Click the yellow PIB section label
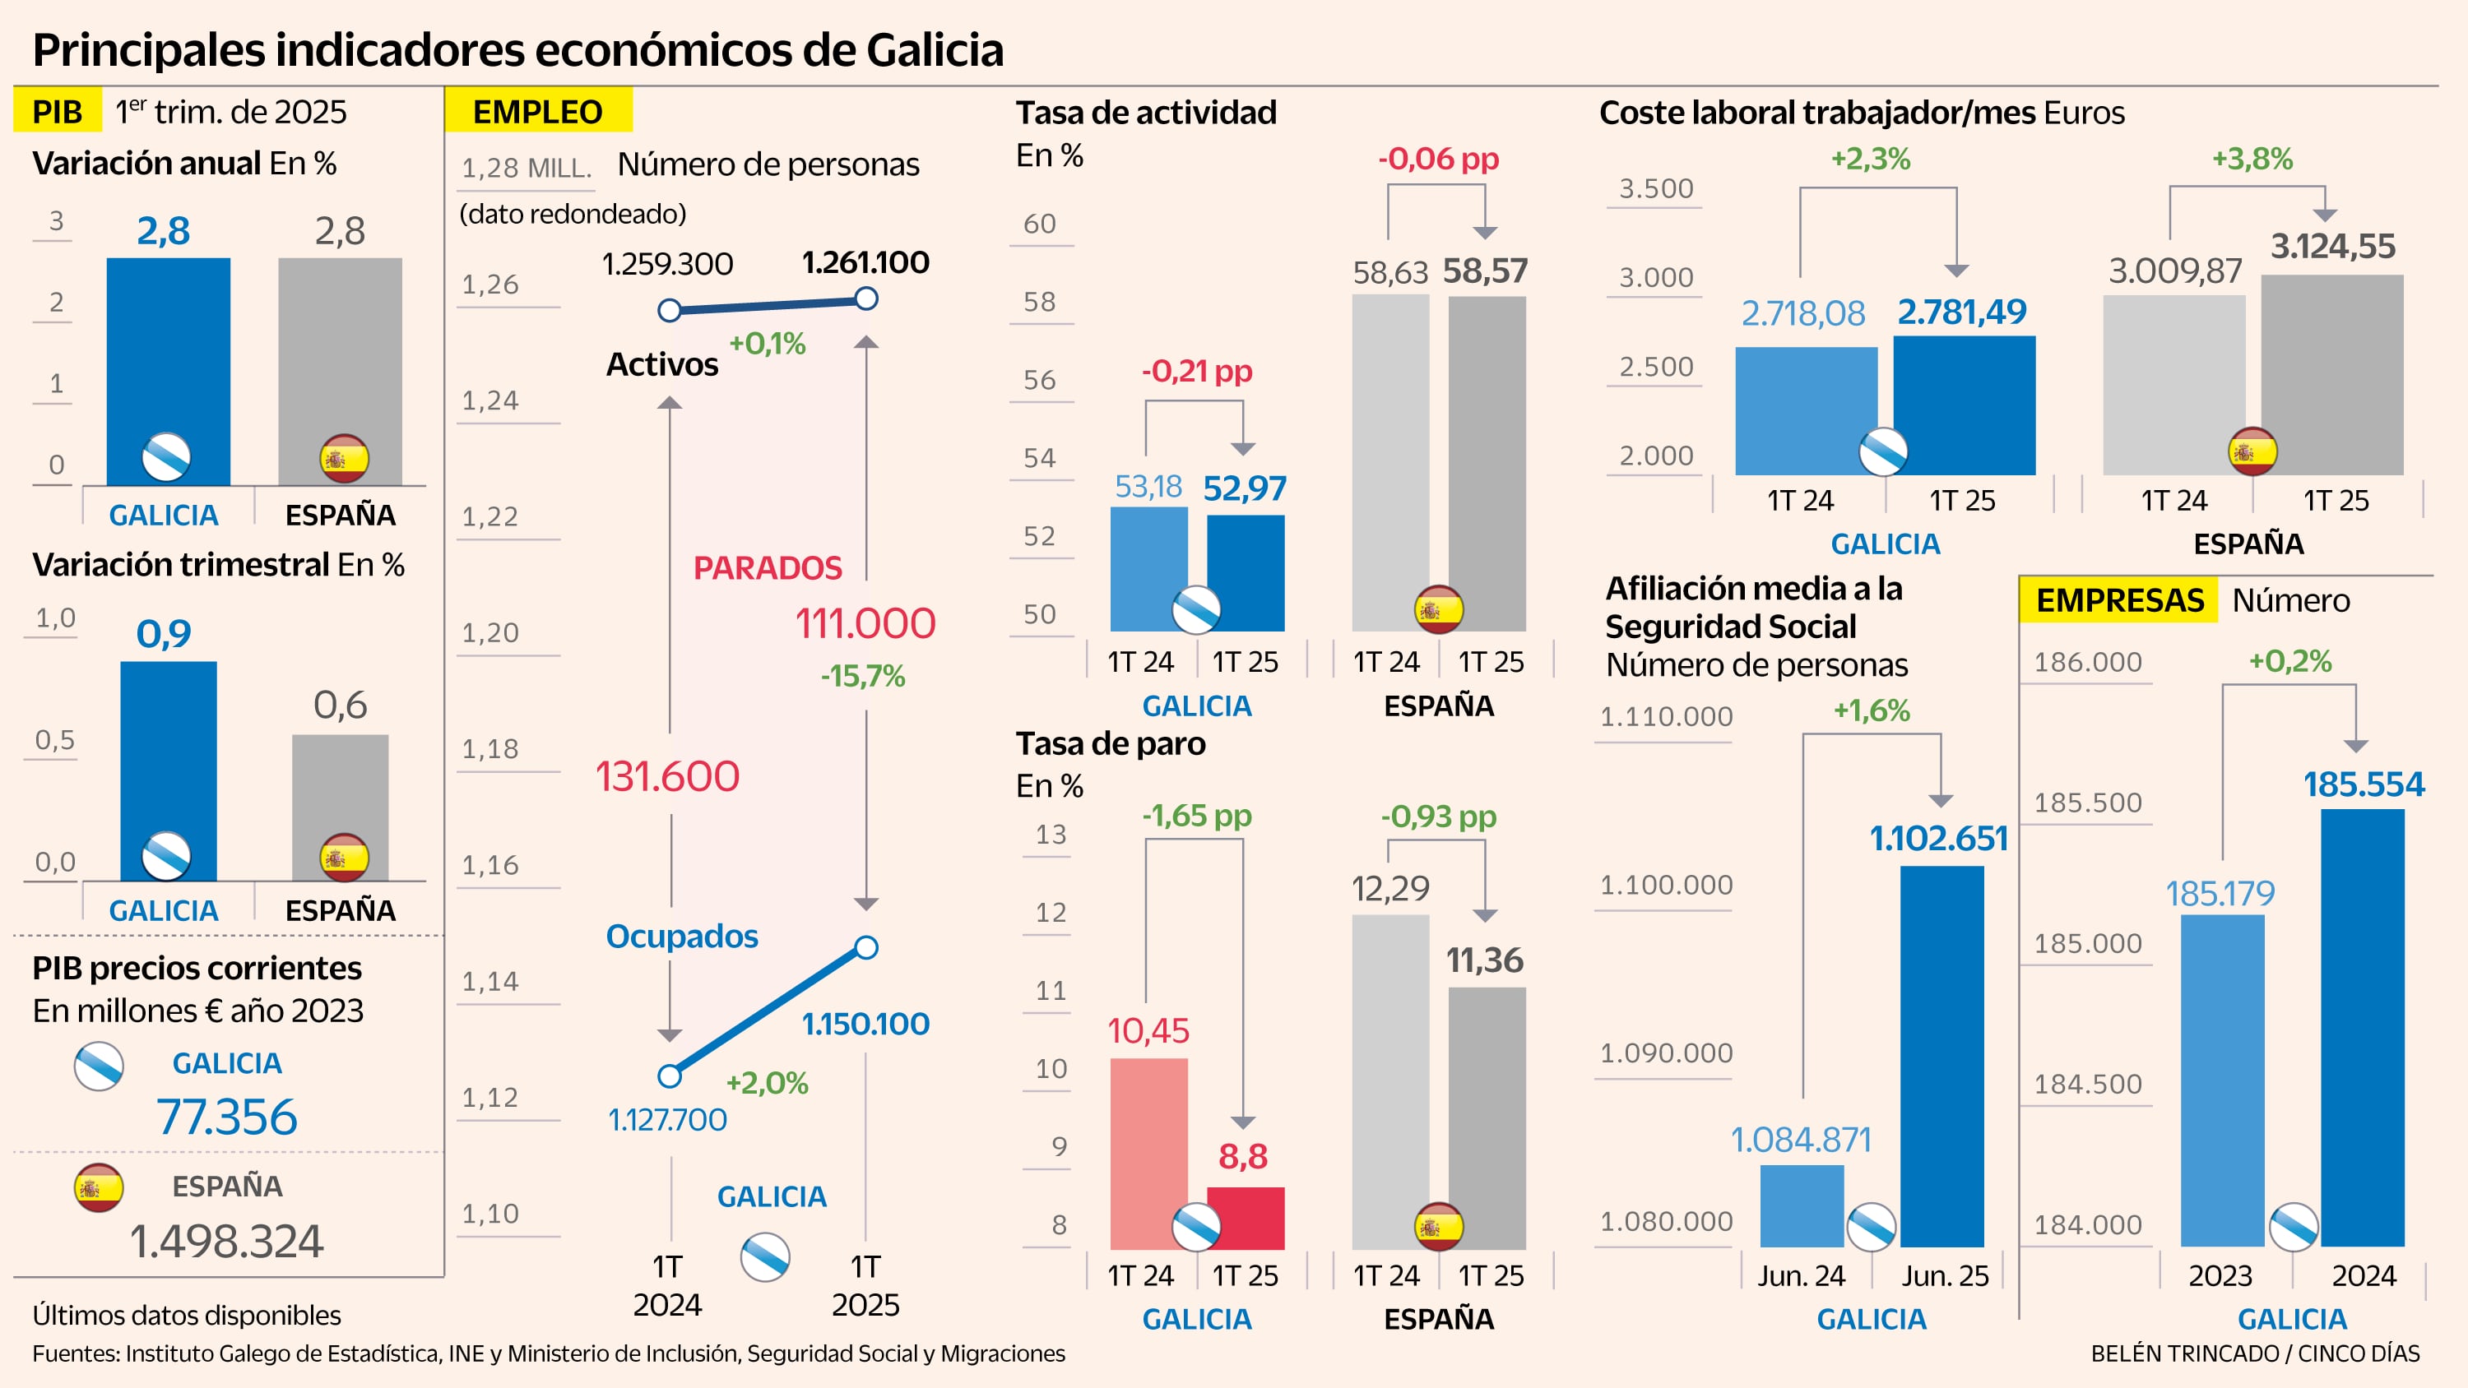(x=57, y=111)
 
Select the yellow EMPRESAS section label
(x=2118, y=600)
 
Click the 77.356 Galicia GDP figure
(x=227, y=1117)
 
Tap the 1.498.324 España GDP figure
(x=227, y=1242)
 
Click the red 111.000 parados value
(x=865, y=623)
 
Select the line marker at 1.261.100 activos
(x=866, y=298)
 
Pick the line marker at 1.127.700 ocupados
(x=670, y=1076)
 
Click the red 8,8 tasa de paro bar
(x=1246, y=1218)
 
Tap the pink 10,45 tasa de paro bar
(x=1148, y=1140)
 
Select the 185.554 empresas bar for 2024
(x=2362, y=1025)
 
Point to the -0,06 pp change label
(x=1438, y=159)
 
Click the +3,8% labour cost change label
(x=2252, y=159)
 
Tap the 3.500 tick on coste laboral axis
(x=1655, y=188)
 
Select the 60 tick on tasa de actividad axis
(x=1040, y=224)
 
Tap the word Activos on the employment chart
(x=662, y=365)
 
